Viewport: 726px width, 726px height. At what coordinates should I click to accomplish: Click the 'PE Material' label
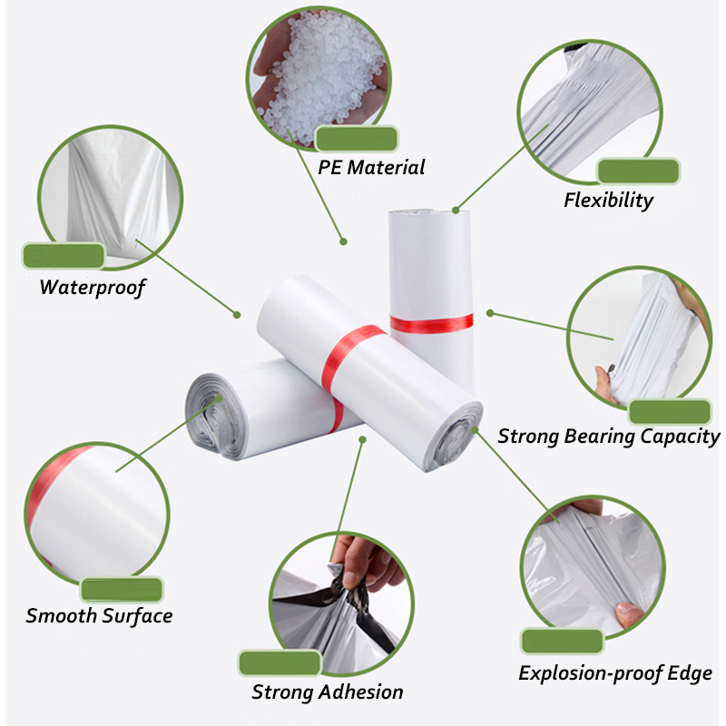[371, 167]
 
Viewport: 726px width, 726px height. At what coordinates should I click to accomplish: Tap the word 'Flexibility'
[608, 201]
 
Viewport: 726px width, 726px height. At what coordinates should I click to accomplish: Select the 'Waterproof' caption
[93, 288]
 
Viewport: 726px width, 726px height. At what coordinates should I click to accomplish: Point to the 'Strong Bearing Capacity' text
[608, 437]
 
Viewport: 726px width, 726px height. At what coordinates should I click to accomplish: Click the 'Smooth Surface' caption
[99, 616]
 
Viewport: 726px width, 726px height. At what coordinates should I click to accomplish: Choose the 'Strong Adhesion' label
[328, 692]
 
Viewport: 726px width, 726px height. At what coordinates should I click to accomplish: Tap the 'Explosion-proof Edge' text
[615, 673]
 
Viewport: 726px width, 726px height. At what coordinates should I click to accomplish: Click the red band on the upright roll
[432, 323]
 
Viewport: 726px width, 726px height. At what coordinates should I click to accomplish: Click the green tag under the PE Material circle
[357, 138]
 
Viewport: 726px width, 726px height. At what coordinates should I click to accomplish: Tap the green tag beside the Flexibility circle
[639, 171]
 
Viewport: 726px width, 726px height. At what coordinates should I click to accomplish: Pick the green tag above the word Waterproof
[64, 256]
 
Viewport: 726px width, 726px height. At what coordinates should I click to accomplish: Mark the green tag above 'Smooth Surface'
[122, 590]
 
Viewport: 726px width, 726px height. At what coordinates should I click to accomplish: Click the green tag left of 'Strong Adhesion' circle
[280, 662]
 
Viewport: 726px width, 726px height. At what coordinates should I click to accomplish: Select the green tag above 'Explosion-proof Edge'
[563, 642]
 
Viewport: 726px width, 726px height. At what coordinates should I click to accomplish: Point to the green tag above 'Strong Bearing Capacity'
[670, 412]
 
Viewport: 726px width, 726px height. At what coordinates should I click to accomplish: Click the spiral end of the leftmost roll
[213, 416]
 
